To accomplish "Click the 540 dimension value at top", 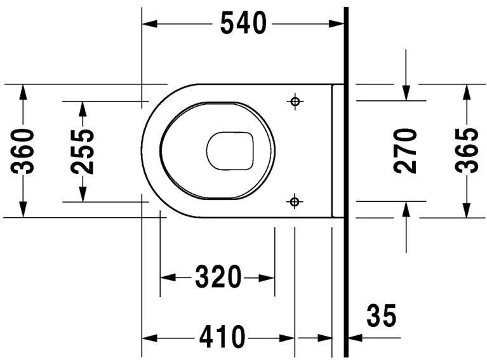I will click(243, 23).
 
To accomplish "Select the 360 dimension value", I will click(23, 150).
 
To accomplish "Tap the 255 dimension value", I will click(83, 150).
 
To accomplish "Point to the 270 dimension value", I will click(406, 150).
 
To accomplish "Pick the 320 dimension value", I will click(218, 277).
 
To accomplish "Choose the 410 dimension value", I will click(222, 337).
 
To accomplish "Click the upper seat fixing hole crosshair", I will click(294, 101).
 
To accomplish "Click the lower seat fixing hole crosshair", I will click(294, 201).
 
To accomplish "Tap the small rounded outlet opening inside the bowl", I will click(230, 151).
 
